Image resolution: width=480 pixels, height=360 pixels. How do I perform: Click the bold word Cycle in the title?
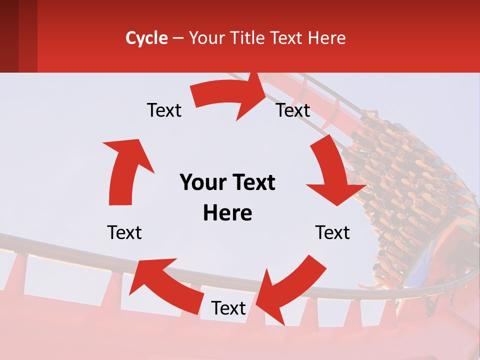(x=146, y=38)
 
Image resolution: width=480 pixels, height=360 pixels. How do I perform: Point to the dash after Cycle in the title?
(x=178, y=38)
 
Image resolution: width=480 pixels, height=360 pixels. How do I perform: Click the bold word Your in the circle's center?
(x=203, y=183)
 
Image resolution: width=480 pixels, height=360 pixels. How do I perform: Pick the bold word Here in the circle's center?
(x=227, y=213)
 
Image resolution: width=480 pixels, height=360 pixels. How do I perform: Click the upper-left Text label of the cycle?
(x=164, y=110)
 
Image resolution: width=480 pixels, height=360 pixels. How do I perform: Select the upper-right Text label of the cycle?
(x=293, y=110)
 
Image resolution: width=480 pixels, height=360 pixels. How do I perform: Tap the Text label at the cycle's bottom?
(x=228, y=308)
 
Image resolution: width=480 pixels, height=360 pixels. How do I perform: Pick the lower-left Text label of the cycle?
(x=124, y=232)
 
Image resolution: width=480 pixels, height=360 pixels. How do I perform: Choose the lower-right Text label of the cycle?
(x=332, y=232)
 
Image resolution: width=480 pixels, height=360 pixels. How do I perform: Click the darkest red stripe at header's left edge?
(x=9, y=36)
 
